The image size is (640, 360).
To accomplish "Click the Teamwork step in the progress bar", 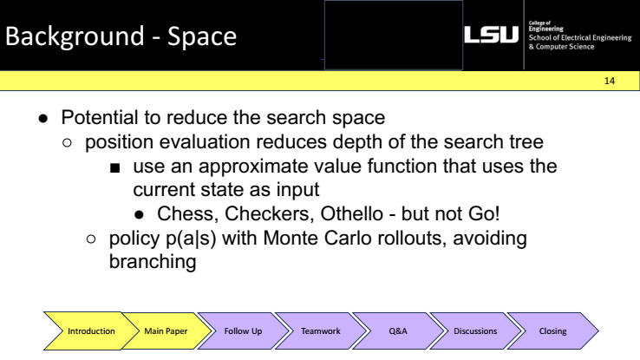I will (316, 331).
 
